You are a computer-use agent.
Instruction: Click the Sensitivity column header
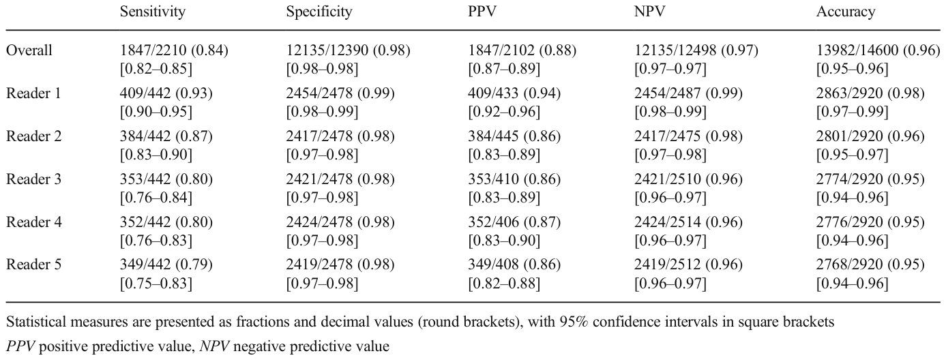point(153,12)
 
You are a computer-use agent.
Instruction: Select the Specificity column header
point(319,12)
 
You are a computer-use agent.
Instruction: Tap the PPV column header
point(482,12)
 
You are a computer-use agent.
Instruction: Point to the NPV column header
point(649,12)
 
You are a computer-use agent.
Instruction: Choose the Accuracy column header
point(846,12)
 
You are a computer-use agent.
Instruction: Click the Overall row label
point(29,50)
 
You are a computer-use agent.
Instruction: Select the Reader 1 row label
point(34,93)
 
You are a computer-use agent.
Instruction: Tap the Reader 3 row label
point(34,179)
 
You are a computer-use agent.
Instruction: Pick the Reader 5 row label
point(34,265)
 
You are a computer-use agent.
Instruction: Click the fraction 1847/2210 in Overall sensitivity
point(153,50)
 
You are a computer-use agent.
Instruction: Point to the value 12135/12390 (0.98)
point(348,50)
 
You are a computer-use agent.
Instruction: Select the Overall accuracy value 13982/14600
point(857,50)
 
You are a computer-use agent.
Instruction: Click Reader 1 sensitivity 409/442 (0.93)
point(166,93)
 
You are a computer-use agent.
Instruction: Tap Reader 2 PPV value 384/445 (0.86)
point(514,136)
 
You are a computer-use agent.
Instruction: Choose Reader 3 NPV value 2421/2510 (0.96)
point(688,179)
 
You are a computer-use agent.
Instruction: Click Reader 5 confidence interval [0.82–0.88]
point(504,283)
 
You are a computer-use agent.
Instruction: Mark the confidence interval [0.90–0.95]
point(156,112)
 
